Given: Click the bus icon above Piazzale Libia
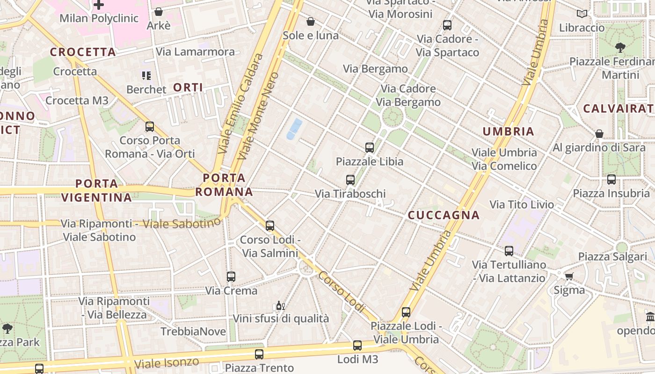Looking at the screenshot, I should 370,148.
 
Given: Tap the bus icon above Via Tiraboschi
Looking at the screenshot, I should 350,180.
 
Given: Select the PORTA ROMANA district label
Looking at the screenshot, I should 224,185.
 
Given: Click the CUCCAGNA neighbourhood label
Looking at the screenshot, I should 444,215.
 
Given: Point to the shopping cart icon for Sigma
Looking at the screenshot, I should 569,276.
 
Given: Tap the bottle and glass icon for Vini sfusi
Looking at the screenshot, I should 280,306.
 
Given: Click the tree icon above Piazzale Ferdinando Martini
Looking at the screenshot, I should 620,47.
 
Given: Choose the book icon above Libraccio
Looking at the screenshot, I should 582,14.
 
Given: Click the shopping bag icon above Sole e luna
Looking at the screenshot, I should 310,22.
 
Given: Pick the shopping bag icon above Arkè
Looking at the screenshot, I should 159,12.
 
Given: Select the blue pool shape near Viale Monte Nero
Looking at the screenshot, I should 294,129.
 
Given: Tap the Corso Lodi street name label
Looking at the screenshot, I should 342,292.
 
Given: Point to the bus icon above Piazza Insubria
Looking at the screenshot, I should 611,180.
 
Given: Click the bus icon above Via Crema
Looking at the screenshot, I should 231,277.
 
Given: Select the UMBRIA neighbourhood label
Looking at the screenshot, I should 509,131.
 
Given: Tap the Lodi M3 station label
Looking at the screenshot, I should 357,359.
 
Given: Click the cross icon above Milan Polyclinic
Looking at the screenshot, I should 99,5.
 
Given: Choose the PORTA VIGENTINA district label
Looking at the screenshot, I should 96,190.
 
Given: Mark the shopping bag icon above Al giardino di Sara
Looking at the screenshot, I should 599,134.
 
